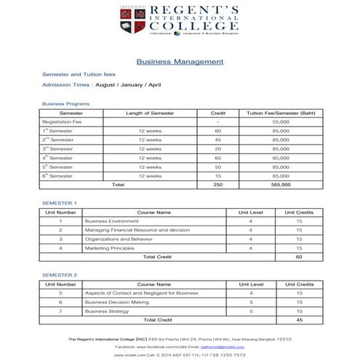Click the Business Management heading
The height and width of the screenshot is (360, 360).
tap(180, 62)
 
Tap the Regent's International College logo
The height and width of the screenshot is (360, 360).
tap(180, 21)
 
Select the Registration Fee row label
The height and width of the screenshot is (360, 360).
tap(61, 121)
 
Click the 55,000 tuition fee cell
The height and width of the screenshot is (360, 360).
tap(280, 121)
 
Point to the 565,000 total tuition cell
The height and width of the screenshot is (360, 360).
tap(280, 185)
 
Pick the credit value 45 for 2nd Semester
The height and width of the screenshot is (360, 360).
tap(217, 140)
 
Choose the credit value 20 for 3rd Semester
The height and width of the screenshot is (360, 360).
tap(217, 148)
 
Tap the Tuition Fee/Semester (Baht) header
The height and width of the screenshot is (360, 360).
tap(280, 113)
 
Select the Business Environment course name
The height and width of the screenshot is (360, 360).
tap(111, 220)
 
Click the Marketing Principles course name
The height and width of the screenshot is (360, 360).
tap(110, 247)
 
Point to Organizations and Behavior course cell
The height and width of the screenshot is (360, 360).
tap(119, 239)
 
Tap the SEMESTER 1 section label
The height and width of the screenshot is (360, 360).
tap(60, 202)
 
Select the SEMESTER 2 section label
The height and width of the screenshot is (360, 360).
tap(60, 275)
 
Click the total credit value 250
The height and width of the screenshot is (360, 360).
tap(217, 185)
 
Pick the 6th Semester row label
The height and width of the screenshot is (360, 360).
tap(58, 175)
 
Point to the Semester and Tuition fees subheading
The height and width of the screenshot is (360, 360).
tap(79, 74)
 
